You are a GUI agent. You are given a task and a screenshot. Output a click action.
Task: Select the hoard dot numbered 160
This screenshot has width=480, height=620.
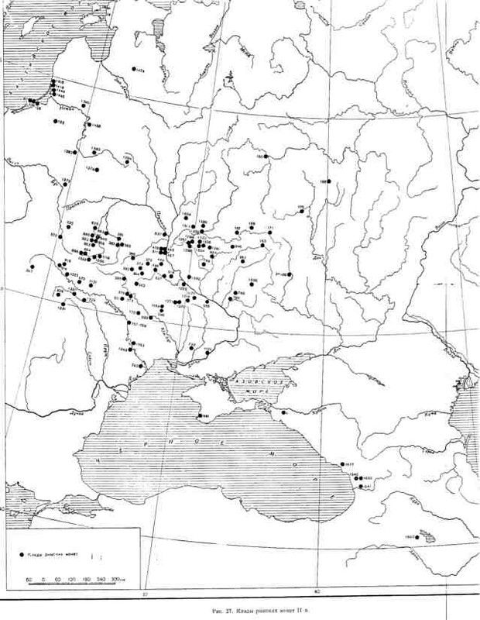tap(268, 157)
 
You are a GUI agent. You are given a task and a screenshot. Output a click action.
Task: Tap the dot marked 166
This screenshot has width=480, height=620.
tap(327, 181)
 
